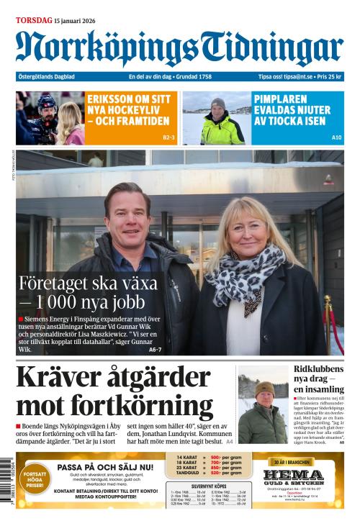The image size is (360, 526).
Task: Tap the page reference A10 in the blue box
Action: pyautogui.click(x=336, y=137)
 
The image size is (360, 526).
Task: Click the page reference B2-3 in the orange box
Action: pyautogui.click(x=169, y=137)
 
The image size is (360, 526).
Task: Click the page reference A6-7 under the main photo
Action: pyautogui.click(x=155, y=350)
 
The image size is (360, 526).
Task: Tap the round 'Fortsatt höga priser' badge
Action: pyautogui.click(x=35, y=480)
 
